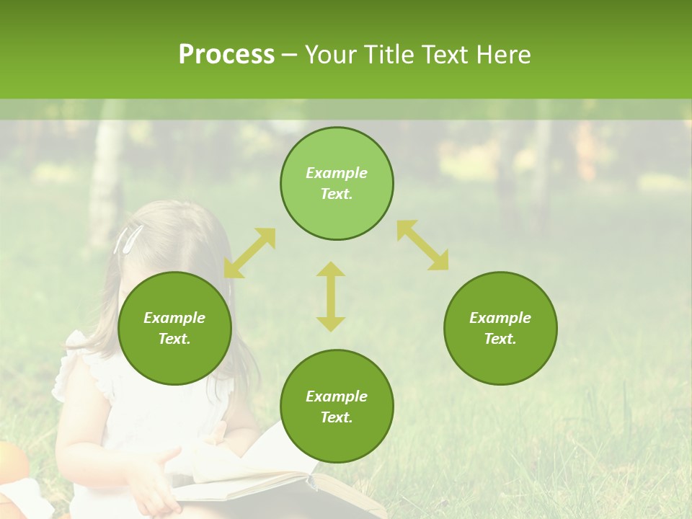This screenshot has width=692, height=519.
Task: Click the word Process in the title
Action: pyautogui.click(x=226, y=55)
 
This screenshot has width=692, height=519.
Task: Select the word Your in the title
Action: pyautogui.click(x=331, y=55)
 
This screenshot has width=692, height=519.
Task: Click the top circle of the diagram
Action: pyautogui.click(x=337, y=184)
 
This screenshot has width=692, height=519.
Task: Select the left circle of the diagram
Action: pyautogui.click(x=174, y=329)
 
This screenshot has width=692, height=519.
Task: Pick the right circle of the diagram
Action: pyautogui.click(x=500, y=329)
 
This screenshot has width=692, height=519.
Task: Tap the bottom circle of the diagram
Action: pyautogui.click(x=337, y=407)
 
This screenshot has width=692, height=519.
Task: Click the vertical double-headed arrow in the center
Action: pyautogui.click(x=331, y=296)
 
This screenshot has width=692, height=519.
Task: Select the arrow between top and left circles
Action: pyautogui.click(x=249, y=253)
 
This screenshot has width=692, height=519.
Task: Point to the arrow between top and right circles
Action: pyautogui.click(x=423, y=245)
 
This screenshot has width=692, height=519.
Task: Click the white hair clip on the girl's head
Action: pyautogui.click(x=128, y=239)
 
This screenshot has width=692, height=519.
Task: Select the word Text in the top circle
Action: pyautogui.click(x=336, y=194)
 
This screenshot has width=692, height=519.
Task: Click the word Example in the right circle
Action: pyautogui.click(x=500, y=318)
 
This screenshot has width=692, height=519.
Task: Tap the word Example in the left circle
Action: pyautogui.click(x=174, y=318)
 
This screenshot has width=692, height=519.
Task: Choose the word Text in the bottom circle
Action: pyautogui.click(x=336, y=417)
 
